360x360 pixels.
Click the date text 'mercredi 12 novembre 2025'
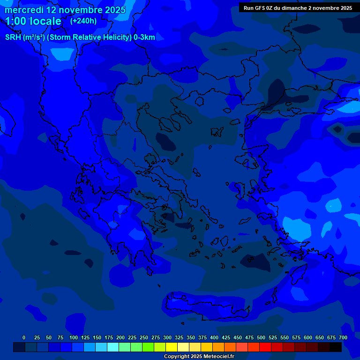tap(65, 10)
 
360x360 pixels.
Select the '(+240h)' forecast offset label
tap(83, 21)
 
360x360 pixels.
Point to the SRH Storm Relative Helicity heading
tap(80, 37)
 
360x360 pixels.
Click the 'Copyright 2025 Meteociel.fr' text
tap(199, 356)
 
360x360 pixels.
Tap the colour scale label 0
tap(24, 337)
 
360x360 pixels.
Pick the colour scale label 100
tap(74, 337)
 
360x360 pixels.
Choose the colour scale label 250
tap(144, 337)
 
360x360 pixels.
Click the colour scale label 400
tap(214, 337)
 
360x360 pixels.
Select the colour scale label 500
tap(261, 337)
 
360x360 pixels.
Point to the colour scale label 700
tap(343, 337)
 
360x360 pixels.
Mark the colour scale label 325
tap(179, 337)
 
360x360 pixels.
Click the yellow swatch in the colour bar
tap(171, 347)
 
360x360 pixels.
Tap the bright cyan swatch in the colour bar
tap(112, 347)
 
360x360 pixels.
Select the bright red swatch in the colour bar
tap(265, 347)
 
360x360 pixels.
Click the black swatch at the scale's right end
tap(335, 347)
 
